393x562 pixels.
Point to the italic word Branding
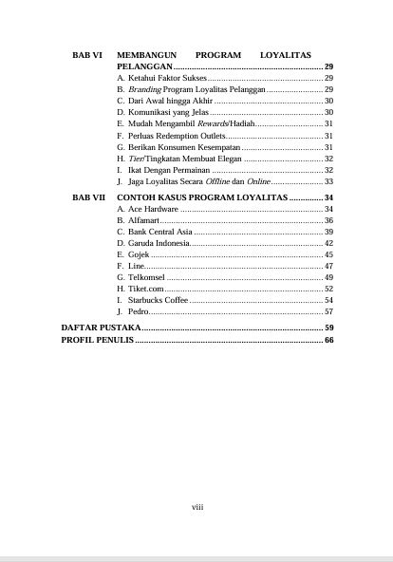click(142, 88)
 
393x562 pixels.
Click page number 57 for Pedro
click(327, 311)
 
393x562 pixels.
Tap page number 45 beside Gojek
click(327, 254)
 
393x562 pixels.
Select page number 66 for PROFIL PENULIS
click(327, 339)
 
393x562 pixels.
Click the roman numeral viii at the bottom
click(197, 507)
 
